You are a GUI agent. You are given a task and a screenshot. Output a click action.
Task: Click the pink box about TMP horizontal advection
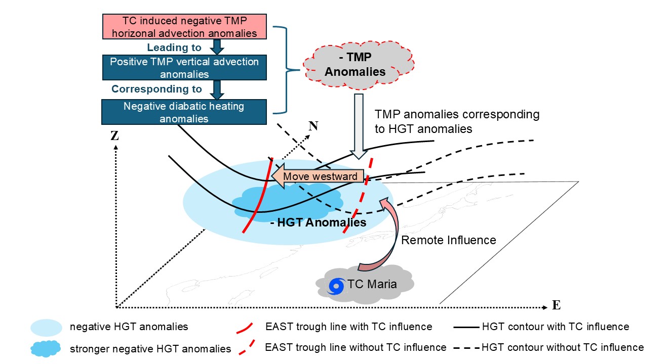[x=184, y=27]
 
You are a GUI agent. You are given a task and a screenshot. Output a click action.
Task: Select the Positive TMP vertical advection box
[x=184, y=67]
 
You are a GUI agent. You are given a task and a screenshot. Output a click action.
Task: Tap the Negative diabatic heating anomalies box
[x=184, y=112]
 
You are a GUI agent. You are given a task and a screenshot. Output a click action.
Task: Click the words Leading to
[x=174, y=48]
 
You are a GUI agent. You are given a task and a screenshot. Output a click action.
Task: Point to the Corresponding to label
[x=156, y=89]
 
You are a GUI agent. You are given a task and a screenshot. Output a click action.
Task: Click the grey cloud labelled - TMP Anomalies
[x=359, y=65]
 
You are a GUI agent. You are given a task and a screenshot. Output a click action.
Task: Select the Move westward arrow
[x=318, y=176]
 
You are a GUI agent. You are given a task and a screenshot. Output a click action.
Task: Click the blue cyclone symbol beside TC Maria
[x=336, y=286]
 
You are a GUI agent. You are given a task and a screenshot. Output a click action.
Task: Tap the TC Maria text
[x=372, y=284]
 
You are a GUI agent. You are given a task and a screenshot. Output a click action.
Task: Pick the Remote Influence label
[x=448, y=240]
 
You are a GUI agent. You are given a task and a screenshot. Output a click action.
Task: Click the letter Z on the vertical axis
[x=114, y=136]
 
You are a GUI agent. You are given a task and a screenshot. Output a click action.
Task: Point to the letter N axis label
[x=313, y=126]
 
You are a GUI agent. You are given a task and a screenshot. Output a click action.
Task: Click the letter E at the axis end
[x=556, y=305]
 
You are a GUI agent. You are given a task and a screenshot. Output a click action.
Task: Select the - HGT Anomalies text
[x=318, y=222]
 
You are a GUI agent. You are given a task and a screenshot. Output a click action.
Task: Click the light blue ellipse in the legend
[x=47, y=328]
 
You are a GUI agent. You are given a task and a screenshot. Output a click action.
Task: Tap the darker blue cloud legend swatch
[x=46, y=348]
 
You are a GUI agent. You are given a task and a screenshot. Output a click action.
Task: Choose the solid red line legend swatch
[x=245, y=328]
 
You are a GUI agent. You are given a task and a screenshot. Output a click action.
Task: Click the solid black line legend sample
[x=466, y=327]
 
